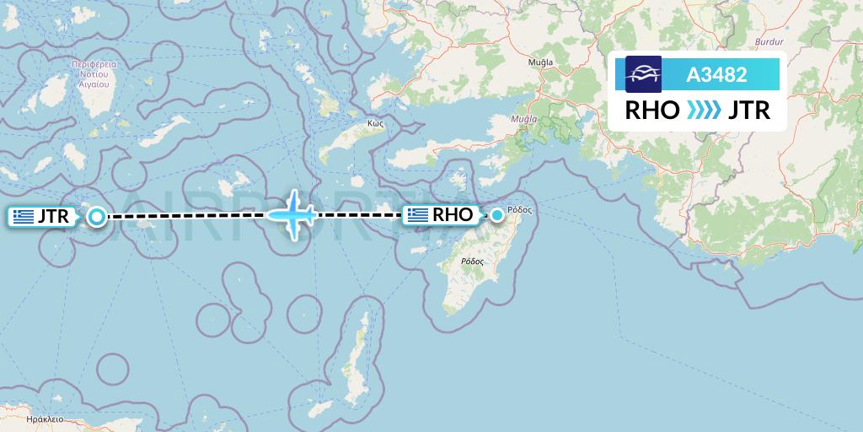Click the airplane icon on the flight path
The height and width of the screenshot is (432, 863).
(292, 215)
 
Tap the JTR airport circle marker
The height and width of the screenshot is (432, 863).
(97, 217)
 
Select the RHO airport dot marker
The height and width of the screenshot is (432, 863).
(497, 215)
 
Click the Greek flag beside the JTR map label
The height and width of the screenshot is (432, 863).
(24, 217)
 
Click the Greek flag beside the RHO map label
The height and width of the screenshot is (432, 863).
(418, 215)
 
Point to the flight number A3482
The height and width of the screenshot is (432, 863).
(716, 74)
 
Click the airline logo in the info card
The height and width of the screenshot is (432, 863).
(643, 74)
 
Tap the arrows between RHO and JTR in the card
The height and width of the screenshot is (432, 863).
(705, 111)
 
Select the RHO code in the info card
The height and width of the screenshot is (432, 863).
(651, 111)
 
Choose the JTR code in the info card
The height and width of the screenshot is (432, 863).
(750, 111)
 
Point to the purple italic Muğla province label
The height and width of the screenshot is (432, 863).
(524, 120)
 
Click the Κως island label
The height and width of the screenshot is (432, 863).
(376, 122)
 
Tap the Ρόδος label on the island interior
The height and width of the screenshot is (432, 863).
(472, 262)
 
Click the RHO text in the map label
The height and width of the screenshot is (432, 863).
(453, 215)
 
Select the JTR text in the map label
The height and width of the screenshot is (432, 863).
(53, 217)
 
